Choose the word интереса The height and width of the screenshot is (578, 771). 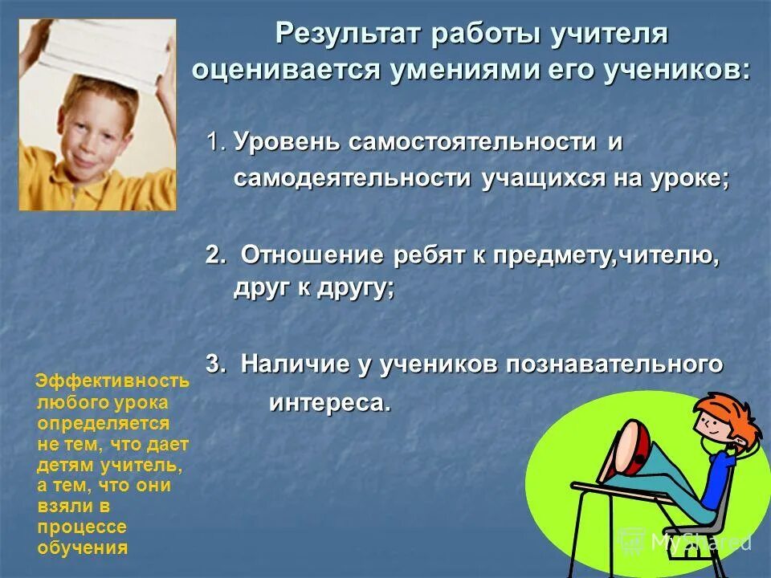point(329,401)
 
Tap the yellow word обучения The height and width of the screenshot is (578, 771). point(83,548)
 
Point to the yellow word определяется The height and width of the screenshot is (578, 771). point(103,423)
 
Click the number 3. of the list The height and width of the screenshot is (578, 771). point(216,364)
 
